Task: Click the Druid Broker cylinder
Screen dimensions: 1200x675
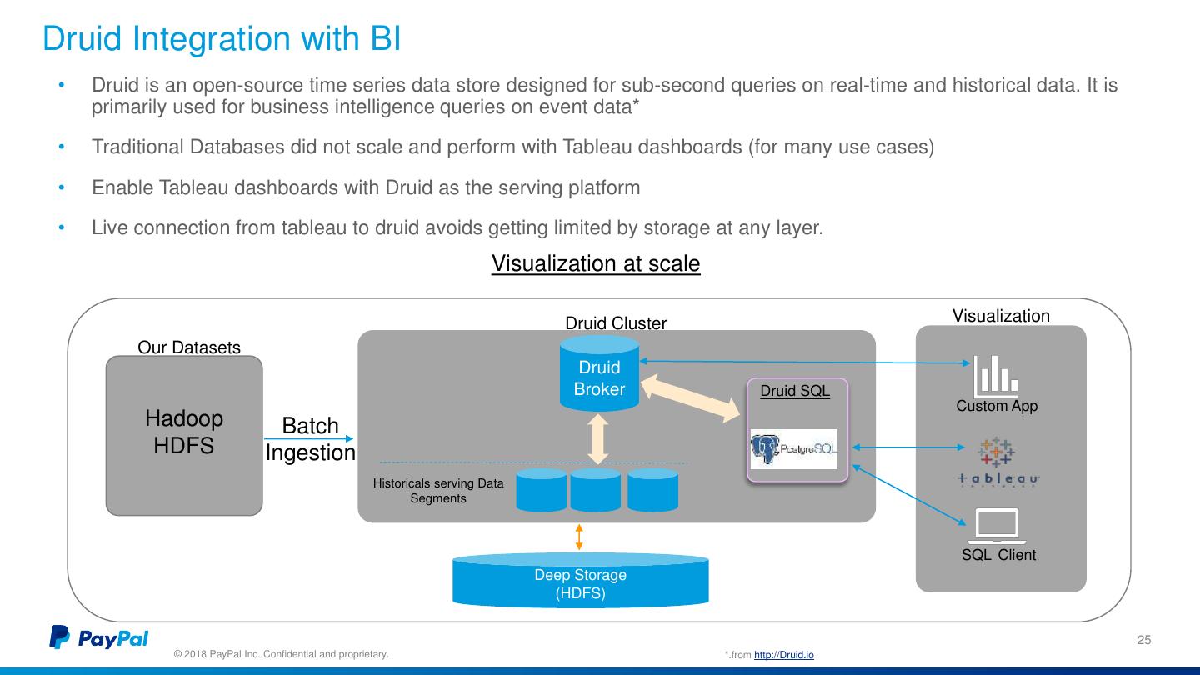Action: point(599,373)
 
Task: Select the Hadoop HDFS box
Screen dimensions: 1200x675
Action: point(184,436)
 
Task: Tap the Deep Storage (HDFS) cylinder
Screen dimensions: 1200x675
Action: point(581,581)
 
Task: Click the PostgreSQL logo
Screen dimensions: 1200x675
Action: point(794,449)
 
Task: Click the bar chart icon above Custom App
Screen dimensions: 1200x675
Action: point(995,375)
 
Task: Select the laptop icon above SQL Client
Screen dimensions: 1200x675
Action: point(997,526)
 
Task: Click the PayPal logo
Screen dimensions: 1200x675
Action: point(99,637)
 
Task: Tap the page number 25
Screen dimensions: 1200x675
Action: point(1143,640)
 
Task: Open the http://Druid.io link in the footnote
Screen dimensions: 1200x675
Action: point(783,655)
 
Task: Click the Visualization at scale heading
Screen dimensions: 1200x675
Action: point(596,263)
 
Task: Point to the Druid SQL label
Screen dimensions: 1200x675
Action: point(795,391)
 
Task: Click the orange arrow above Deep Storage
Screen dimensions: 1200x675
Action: point(579,537)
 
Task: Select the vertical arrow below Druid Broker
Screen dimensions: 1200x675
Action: point(597,439)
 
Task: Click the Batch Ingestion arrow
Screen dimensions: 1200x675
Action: point(308,438)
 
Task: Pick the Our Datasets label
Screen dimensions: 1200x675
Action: point(189,347)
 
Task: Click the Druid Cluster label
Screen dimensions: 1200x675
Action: point(616,323)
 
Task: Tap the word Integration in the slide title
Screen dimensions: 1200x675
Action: point(212,38)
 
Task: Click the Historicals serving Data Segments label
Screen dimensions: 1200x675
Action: point(438,491)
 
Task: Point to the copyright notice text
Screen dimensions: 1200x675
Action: point(282,654)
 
